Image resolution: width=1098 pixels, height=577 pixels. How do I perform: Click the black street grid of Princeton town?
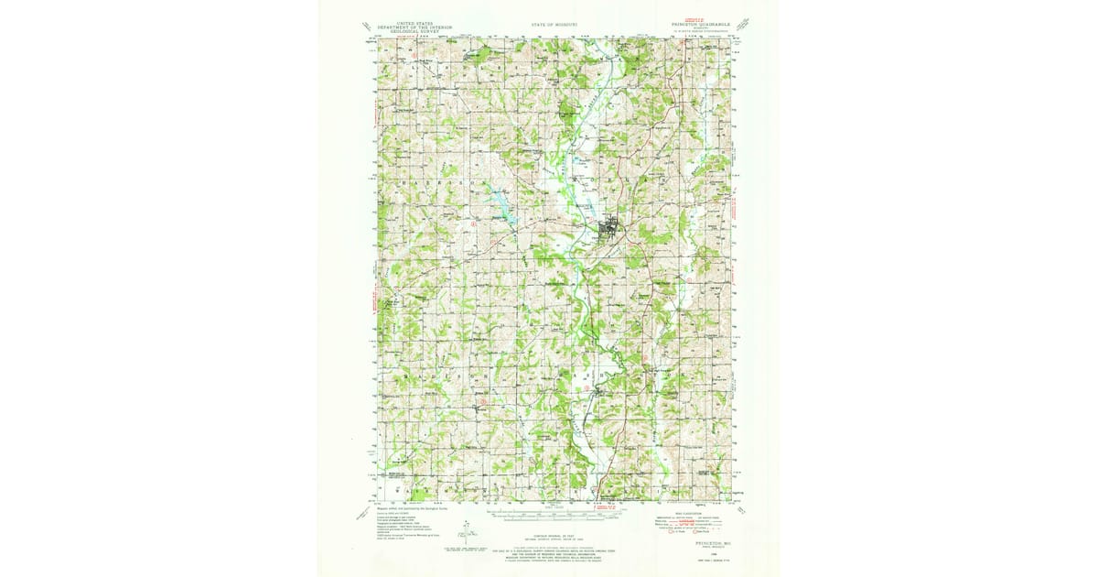tap(608, 227)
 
